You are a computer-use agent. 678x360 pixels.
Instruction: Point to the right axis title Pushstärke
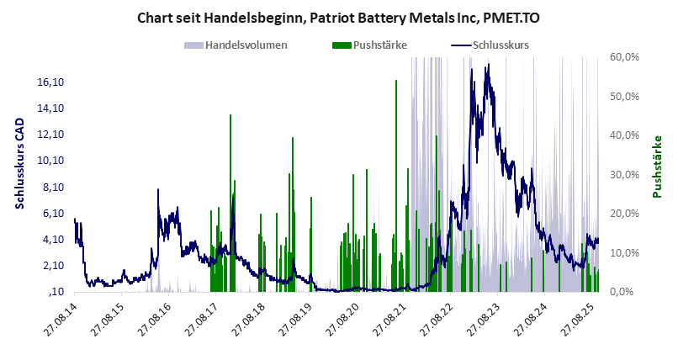click(657, 167)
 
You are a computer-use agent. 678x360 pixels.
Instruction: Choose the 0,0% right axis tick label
click(625, 292)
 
